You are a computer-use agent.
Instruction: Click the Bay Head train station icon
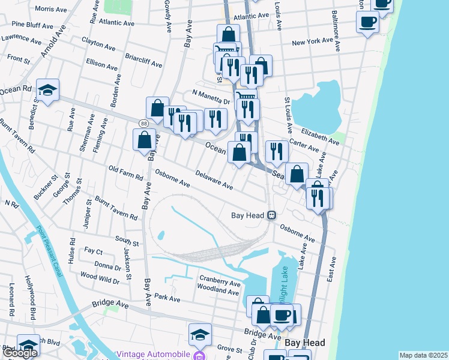[271, 215]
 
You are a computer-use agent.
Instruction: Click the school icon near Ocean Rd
[47, 90]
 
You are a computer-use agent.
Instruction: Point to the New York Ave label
[312, 42]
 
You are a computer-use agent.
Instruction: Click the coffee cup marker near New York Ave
[367, 23]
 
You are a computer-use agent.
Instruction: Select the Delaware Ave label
[214, 179]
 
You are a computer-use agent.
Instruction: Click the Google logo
[20, 353]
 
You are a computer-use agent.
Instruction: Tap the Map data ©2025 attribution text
[423, 355]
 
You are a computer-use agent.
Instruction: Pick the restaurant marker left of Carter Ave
[276, 151]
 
